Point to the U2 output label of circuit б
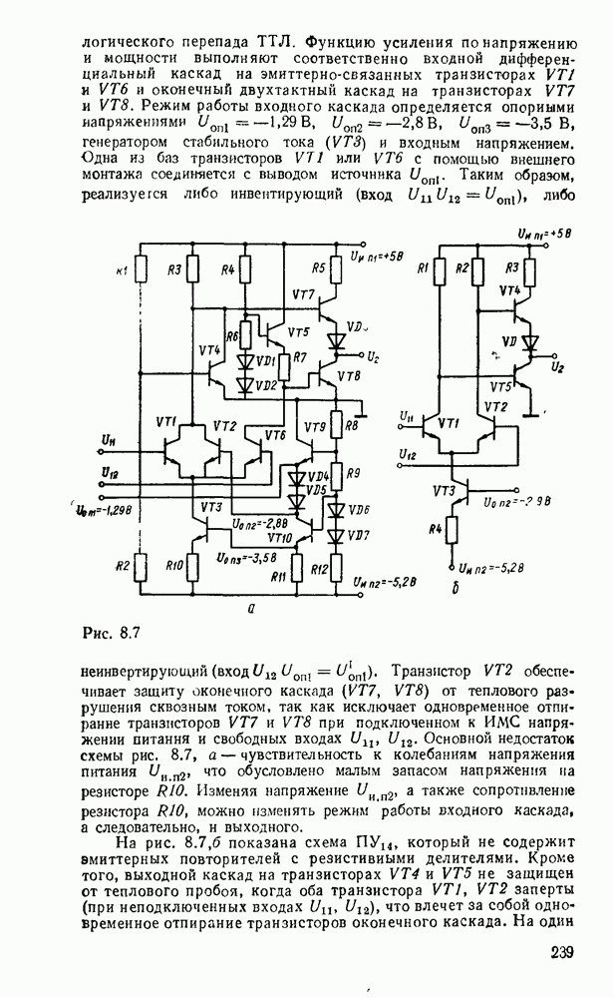pos(560,368)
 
